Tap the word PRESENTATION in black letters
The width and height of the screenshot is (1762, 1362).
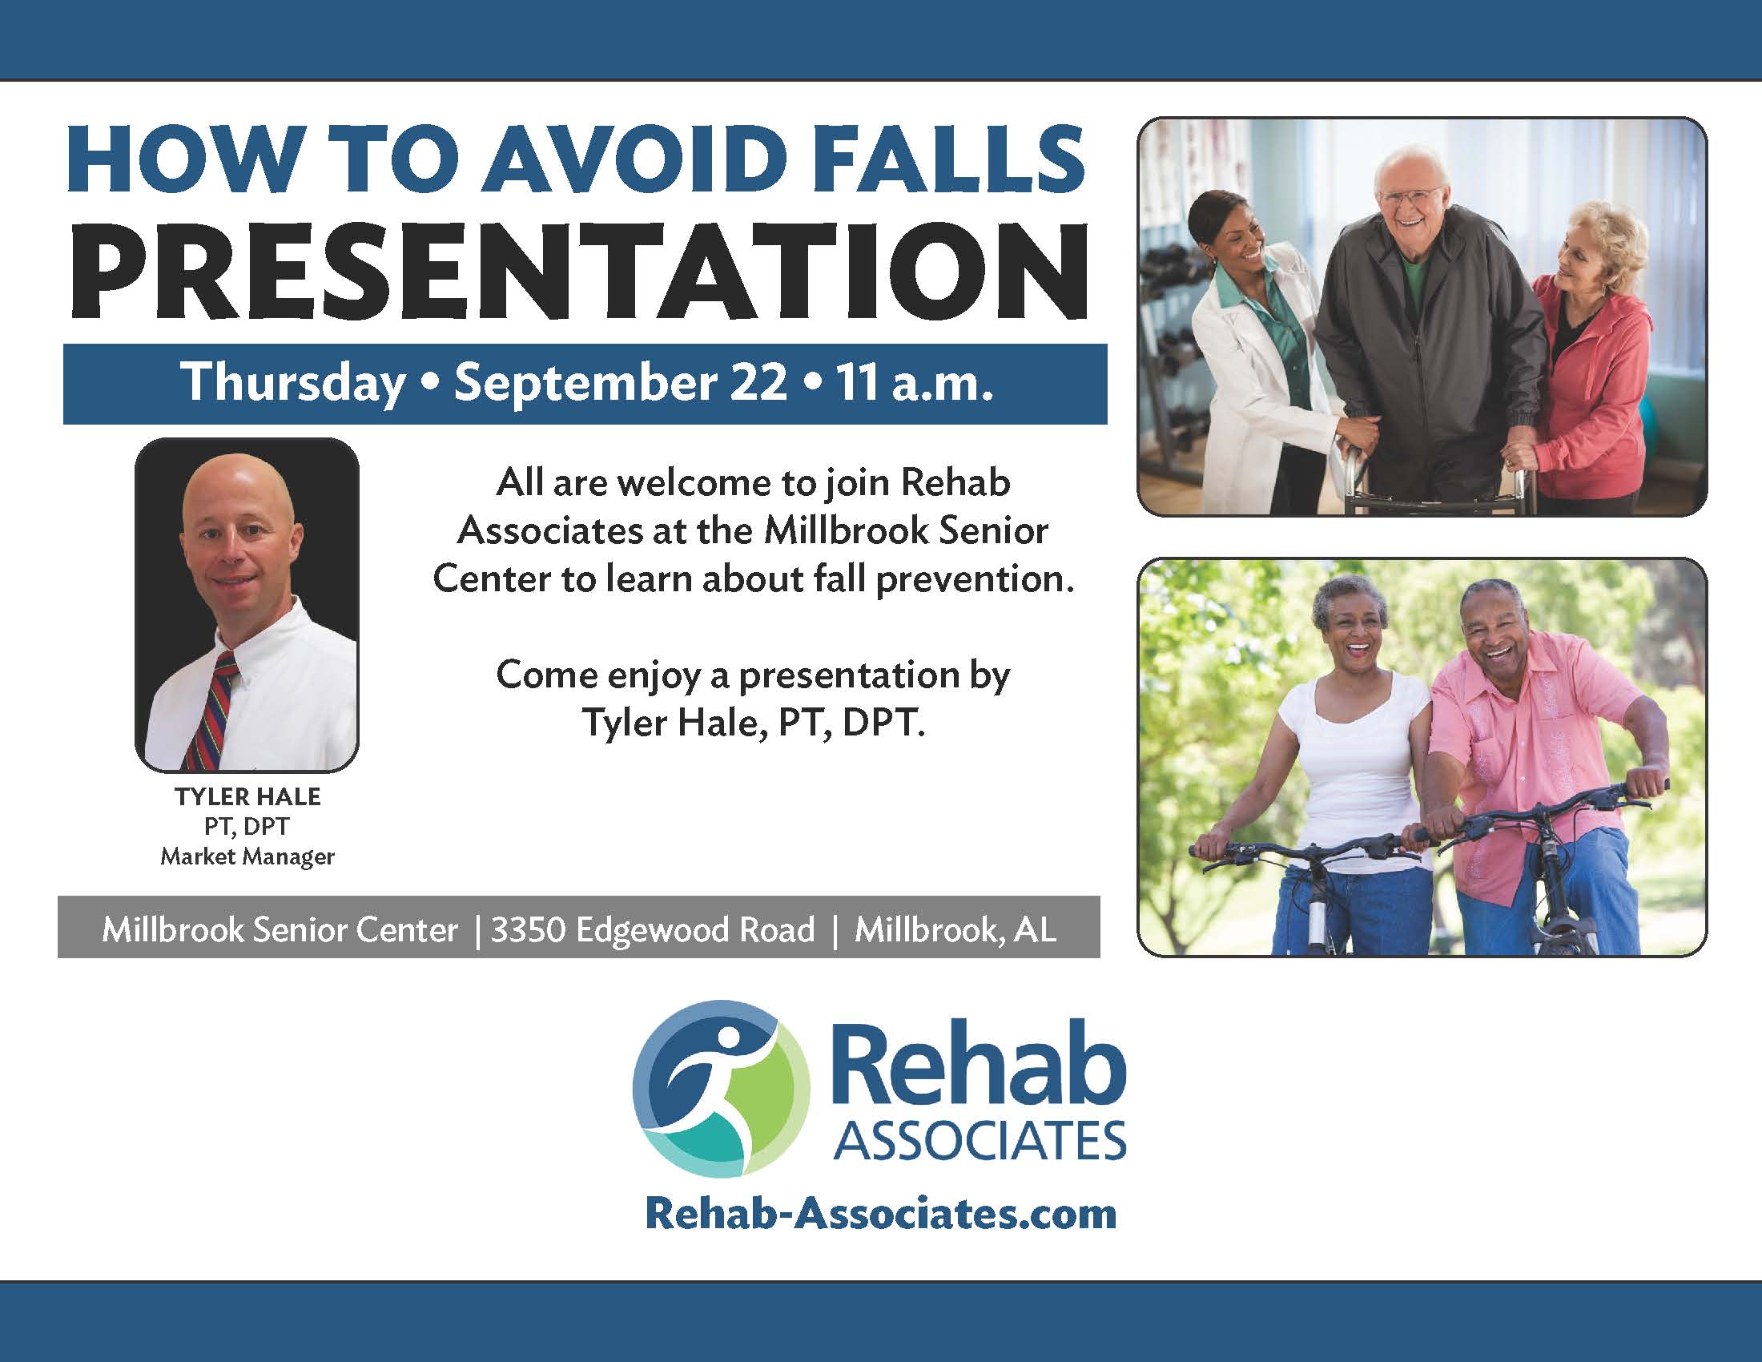(579, 272)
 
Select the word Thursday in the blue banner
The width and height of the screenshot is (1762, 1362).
(293, 381)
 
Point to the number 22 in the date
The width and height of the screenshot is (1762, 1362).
(758, 381)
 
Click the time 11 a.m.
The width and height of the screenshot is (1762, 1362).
(914, 381)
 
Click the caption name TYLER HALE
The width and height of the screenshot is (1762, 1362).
(247, 796)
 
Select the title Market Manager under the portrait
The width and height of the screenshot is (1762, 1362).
(247, 856)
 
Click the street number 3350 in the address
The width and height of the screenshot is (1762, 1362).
(527, 929)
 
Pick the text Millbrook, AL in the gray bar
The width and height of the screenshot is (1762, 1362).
(955, 929)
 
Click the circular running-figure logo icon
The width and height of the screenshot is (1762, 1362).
(721, 1089)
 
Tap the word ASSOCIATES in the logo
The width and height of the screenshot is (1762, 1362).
(980, 1142)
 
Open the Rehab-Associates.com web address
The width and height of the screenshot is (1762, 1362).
(881, 1214)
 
